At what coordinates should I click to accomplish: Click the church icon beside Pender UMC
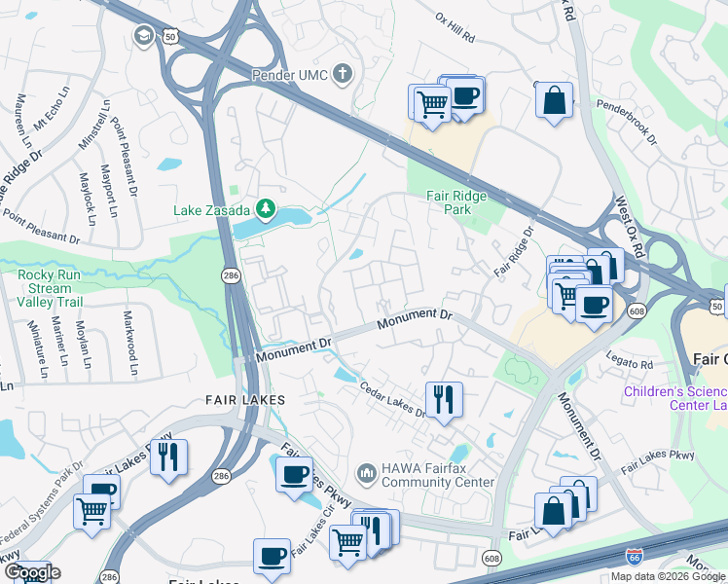point(342,74)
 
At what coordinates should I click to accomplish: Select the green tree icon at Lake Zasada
point(264,209)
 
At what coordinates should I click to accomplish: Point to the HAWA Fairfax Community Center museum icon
point(367,473)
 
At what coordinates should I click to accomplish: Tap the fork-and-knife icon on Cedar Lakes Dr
point(443,397)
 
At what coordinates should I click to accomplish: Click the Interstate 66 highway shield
point(634,556)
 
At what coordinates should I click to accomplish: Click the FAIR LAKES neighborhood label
point(244,400)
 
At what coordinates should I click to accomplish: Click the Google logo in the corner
point(30,572)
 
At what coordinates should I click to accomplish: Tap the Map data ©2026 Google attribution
point(667,576)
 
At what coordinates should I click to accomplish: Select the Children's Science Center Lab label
point(675,399)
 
